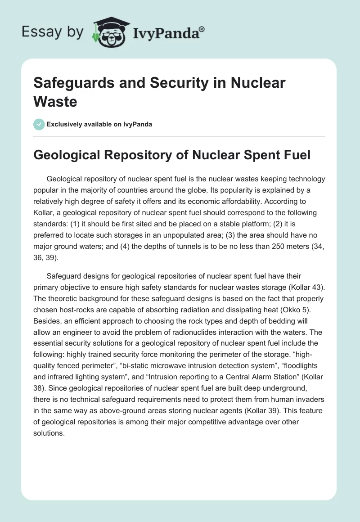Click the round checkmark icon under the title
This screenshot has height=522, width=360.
click(x=39, y=124)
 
